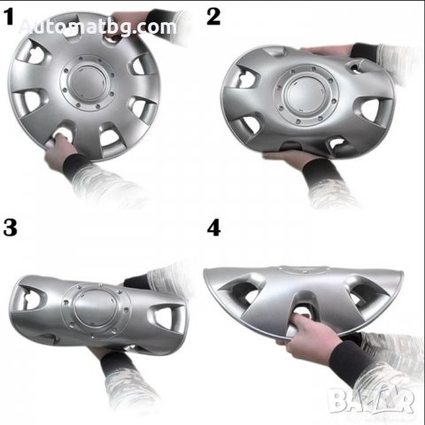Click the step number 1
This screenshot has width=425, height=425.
[10, 17]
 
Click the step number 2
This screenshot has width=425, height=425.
[213, 17]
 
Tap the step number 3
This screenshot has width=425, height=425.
[10, 228]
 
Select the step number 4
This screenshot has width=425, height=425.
[214, 228]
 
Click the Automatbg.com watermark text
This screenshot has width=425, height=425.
[97, 27]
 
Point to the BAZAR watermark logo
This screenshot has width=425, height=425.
[371, 401]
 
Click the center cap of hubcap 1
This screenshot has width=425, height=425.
[88, 82]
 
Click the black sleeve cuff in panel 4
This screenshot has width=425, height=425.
[350, 361]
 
